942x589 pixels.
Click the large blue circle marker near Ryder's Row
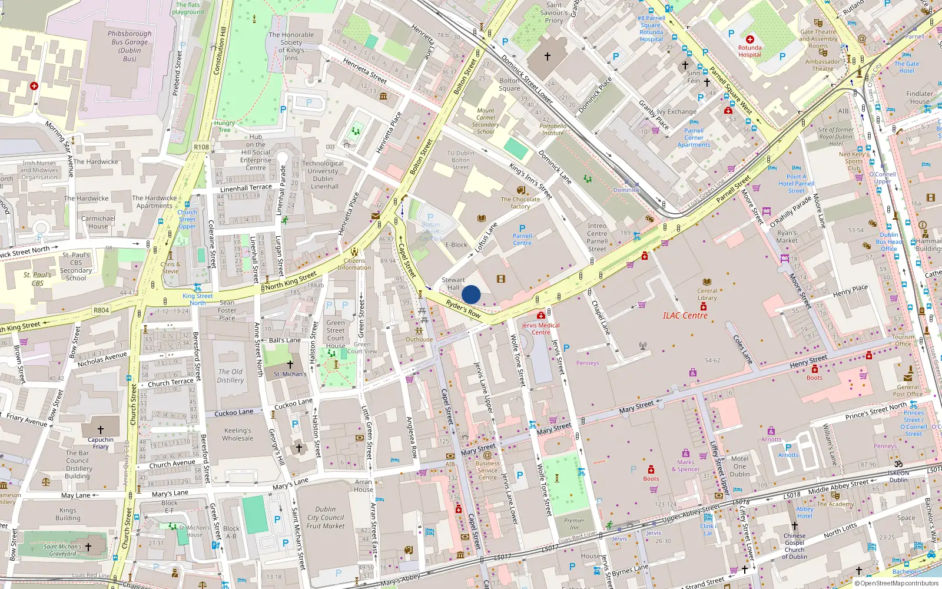click(x=471, y=294)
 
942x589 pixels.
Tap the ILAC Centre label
click(x=685, y=316)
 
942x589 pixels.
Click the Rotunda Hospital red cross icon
click(x=750, y=39)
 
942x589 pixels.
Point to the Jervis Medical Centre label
click(x=540, y=329)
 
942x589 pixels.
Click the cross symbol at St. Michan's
click(x=290, y=365)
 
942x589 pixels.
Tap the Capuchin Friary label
click(x=101, y=443)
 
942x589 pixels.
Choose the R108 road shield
click(x=201, y=147)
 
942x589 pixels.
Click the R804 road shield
click(x=101, y=310)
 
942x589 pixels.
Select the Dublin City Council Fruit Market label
click(x=326, y=518)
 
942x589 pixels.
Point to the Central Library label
click(x=707, y=294)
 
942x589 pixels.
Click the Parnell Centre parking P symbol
click(x=522, y=229)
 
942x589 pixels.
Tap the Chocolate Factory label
click(x=520, y=203)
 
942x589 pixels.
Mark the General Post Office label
click(x=907, y=391)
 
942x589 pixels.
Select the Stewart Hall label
click(x=453, y=284)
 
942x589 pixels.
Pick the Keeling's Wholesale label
click(x=238, y=435)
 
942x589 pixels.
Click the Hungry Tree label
click(x=224, y=126)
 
